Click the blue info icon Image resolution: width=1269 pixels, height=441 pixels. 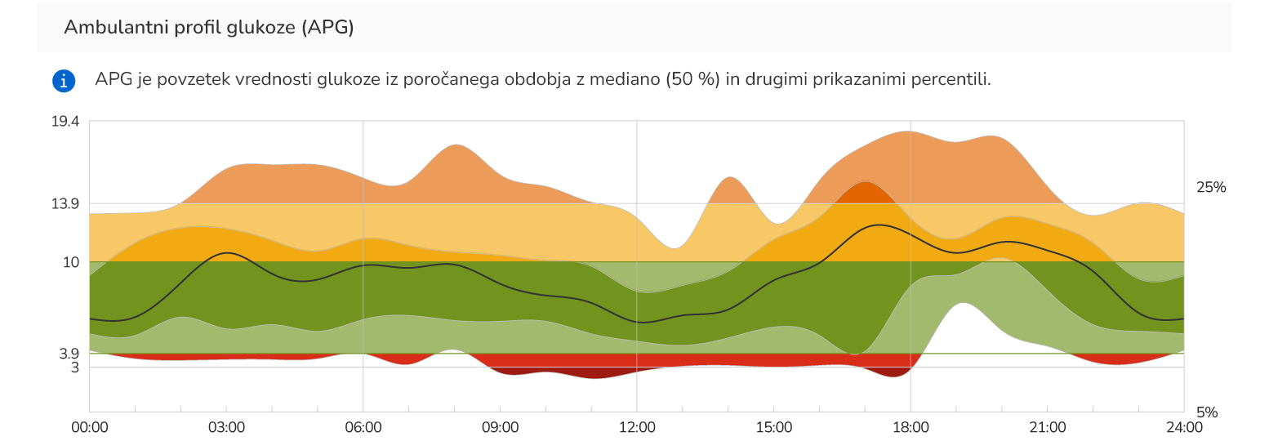point(64,80)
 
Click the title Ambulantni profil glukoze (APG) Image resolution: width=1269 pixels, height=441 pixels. point(209,27)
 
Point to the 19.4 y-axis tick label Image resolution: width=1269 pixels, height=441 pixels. point(65,122)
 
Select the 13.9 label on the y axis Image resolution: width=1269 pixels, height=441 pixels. point(65,204)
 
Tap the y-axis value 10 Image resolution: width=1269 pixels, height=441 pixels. point(71,262)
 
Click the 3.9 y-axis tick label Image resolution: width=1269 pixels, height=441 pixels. point(69,354)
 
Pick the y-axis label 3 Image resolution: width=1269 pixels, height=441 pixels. point(75,367)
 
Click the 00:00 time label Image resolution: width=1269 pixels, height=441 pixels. point(90,427)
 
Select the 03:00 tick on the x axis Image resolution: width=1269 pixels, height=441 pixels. point(226,427)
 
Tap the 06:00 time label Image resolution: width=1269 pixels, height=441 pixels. point(363,427)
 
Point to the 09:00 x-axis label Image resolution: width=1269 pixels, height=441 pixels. point(500,427)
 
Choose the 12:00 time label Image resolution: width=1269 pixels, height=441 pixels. point(637,427)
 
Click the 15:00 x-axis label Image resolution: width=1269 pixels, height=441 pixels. point(773,427)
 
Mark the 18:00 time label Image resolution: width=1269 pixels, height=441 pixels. point(911,427)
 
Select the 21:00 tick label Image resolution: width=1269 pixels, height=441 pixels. point(1047,427)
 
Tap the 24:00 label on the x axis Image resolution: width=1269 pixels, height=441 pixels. point(1183,427)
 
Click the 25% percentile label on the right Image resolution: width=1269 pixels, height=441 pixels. point(1211,188)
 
